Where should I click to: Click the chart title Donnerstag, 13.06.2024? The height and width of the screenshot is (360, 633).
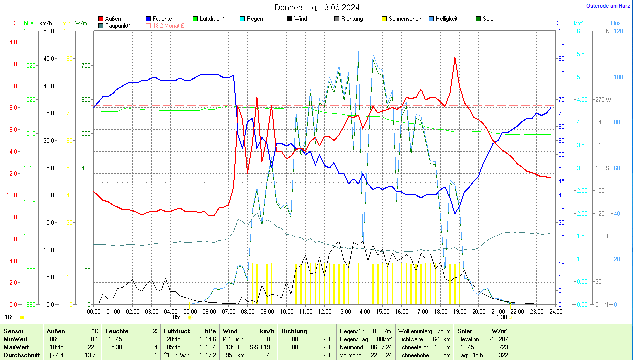click(317, 7)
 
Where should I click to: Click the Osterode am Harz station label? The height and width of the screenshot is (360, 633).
click(608, 6)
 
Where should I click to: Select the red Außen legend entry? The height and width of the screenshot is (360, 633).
click(110, 19)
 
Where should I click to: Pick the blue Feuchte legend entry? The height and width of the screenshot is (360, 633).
click(158, 19)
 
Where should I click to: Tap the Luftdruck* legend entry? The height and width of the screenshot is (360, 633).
click(208, 19)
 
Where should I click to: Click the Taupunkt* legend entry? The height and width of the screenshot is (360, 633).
click(114, 25)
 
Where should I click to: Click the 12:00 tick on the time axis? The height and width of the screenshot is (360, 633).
click(325, 311)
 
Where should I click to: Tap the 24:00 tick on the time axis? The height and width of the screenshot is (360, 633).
click(555, 311)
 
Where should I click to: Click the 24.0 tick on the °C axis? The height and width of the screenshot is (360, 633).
click(11, 42)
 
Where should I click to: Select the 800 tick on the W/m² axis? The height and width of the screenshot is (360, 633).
click(86, 31)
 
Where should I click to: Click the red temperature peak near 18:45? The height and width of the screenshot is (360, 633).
click(454, 58)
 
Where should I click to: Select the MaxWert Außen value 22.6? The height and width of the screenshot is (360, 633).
click(94, 347)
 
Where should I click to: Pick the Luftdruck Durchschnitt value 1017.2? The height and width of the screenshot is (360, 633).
click(207, 355)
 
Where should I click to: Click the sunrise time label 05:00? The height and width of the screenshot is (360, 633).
click(179, 317)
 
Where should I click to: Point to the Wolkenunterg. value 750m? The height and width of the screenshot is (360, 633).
click(443, 331)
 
